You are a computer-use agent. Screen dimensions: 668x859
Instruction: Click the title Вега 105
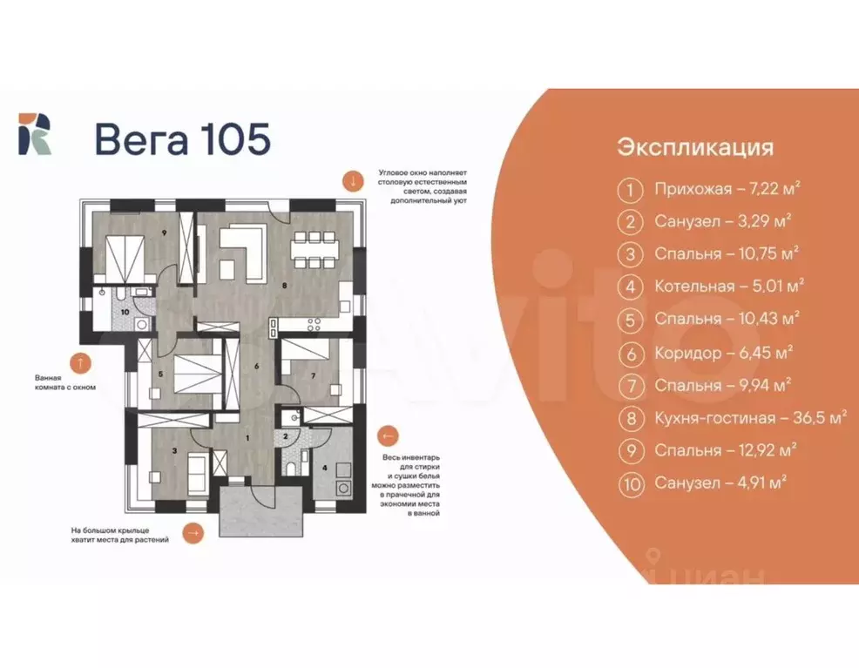[x=182, y=139]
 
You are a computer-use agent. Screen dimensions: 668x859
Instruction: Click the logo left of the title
[x=35, y=134]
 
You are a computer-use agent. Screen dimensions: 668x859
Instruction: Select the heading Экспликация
[x=695, y=147]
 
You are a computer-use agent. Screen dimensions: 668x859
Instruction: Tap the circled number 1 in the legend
[x=629, y=189]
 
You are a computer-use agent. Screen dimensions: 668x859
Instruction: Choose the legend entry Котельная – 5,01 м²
[x=728, y=287]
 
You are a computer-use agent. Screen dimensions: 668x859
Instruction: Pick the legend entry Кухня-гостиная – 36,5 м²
[x=750, y=418]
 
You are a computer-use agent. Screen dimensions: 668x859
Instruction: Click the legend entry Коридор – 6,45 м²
[x=723, y=353]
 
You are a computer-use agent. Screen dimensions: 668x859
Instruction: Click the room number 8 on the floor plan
[x=283, y=284]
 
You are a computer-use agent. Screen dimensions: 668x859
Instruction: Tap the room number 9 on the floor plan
[x=163, y=233]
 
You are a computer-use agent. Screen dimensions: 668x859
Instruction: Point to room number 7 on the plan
[x=313, y=376]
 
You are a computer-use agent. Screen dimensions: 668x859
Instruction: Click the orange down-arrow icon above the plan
[x=353, y=181]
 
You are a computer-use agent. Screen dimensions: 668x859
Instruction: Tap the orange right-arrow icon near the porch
[x=193, y=531]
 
